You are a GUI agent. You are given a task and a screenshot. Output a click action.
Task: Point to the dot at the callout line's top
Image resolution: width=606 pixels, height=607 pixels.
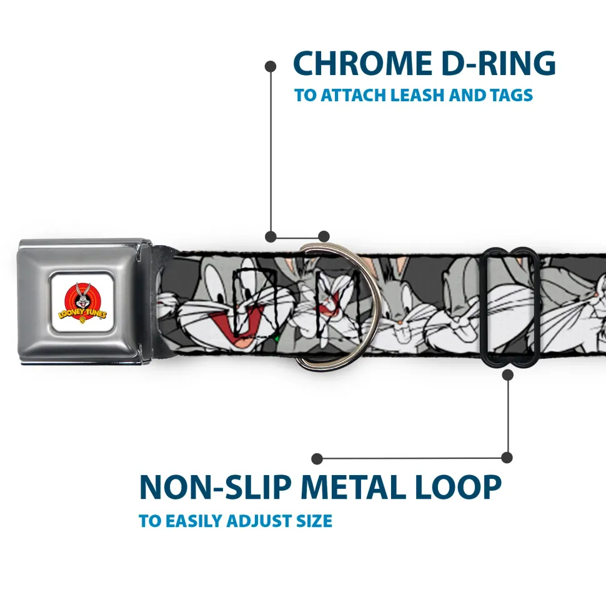click(271, 66)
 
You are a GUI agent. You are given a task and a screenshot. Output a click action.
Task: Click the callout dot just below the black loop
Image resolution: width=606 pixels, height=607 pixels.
click(507, 375)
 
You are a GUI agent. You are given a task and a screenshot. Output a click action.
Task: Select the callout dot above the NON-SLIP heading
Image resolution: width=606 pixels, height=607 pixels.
click(317, 458)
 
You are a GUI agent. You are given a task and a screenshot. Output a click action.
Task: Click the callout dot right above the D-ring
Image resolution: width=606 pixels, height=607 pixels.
click(323, 236)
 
